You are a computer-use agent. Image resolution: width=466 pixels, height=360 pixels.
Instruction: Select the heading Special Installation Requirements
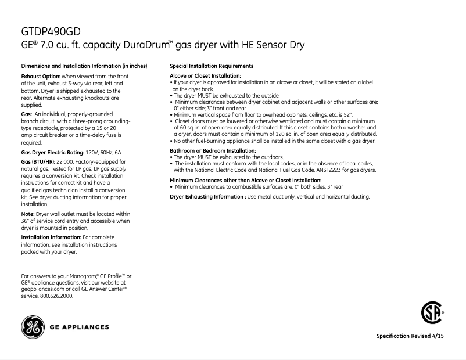(212, 66)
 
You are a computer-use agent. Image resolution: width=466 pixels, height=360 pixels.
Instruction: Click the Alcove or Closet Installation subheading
(205, 76)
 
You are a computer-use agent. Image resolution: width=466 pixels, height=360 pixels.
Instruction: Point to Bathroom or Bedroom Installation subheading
(212, 151)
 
